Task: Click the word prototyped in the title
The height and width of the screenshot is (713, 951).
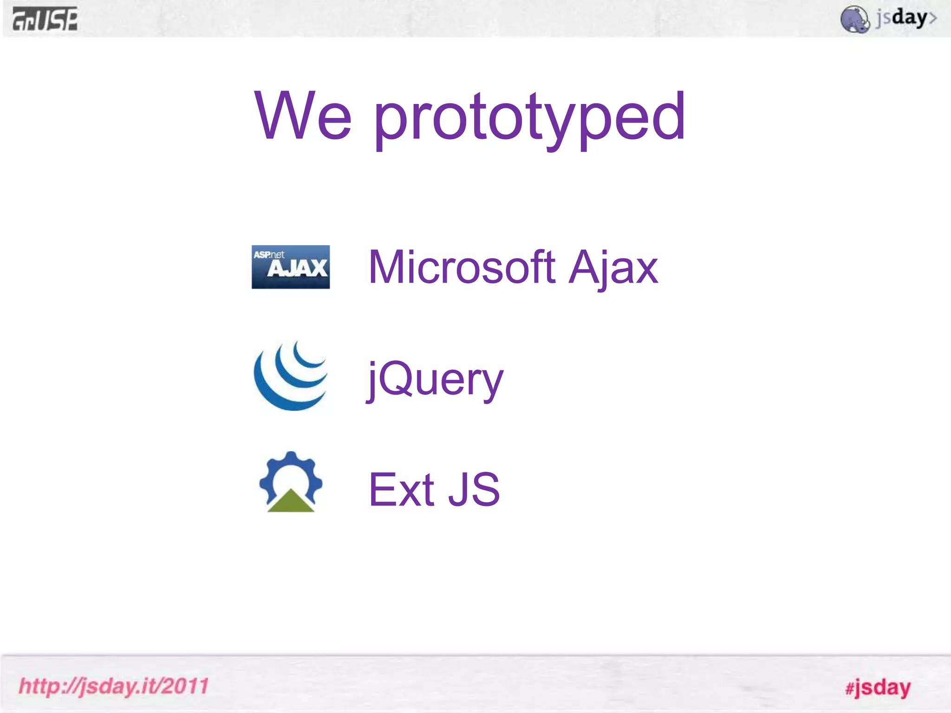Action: click(529, 118)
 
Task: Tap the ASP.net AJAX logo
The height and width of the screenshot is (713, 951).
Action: click(291, 267)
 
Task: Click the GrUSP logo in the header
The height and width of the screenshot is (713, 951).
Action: click(45, 19)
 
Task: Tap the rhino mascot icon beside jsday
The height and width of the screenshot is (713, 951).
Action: click(854, 19)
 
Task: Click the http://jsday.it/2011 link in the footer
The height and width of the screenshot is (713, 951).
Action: click(114, 686)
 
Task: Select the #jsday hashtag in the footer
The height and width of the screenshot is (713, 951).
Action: click(878, 687)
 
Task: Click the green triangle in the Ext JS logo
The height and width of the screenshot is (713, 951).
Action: click(291, 502)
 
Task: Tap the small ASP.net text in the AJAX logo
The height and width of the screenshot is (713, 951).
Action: click(269, 254)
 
